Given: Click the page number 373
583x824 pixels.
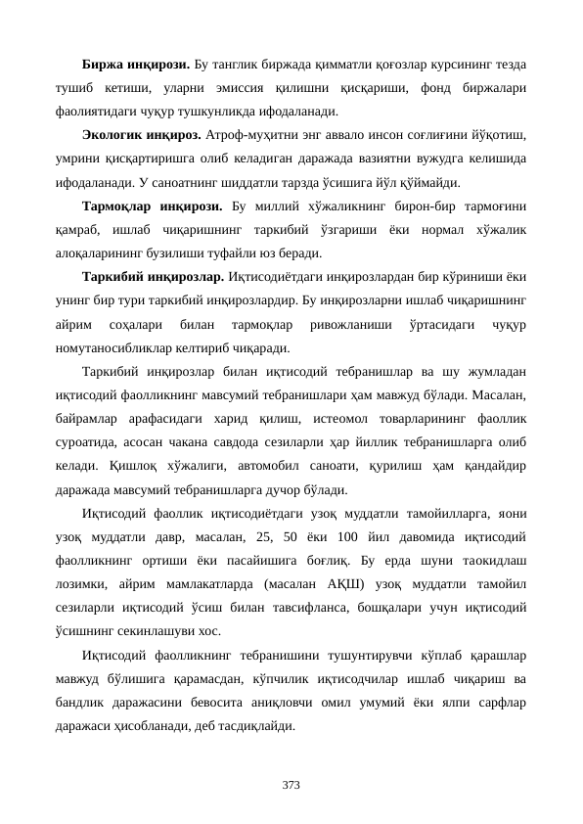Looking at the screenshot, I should (291, 785).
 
